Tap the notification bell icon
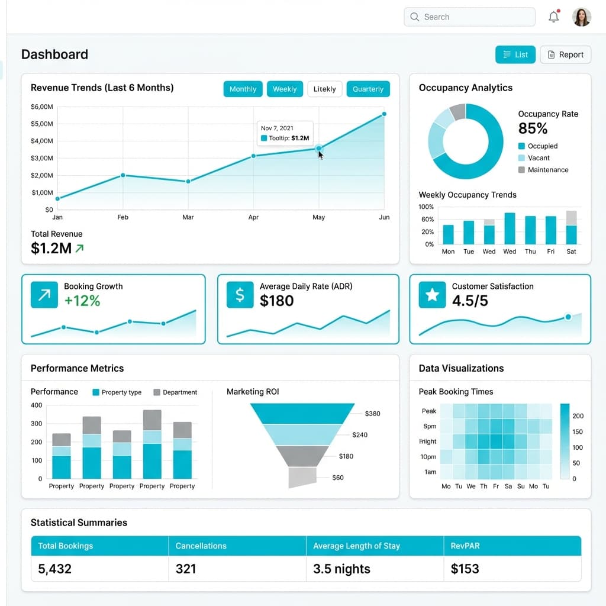(554, 17)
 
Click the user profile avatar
(581, 17)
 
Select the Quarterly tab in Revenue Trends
(368, 89)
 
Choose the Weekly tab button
(285, 89)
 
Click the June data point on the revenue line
(384, 114)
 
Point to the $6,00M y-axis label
(41, 107)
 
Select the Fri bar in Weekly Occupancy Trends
(551, 230)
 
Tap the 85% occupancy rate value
(533, 128)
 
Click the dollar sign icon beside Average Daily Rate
(240, 295)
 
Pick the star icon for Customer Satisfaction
(432, 295)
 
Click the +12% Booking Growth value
(82, 301)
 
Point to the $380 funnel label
(372, 414)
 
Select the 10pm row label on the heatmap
(428, 457)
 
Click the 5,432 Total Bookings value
(54, 569)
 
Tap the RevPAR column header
(465, 546)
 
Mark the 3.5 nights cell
(341, 569)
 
